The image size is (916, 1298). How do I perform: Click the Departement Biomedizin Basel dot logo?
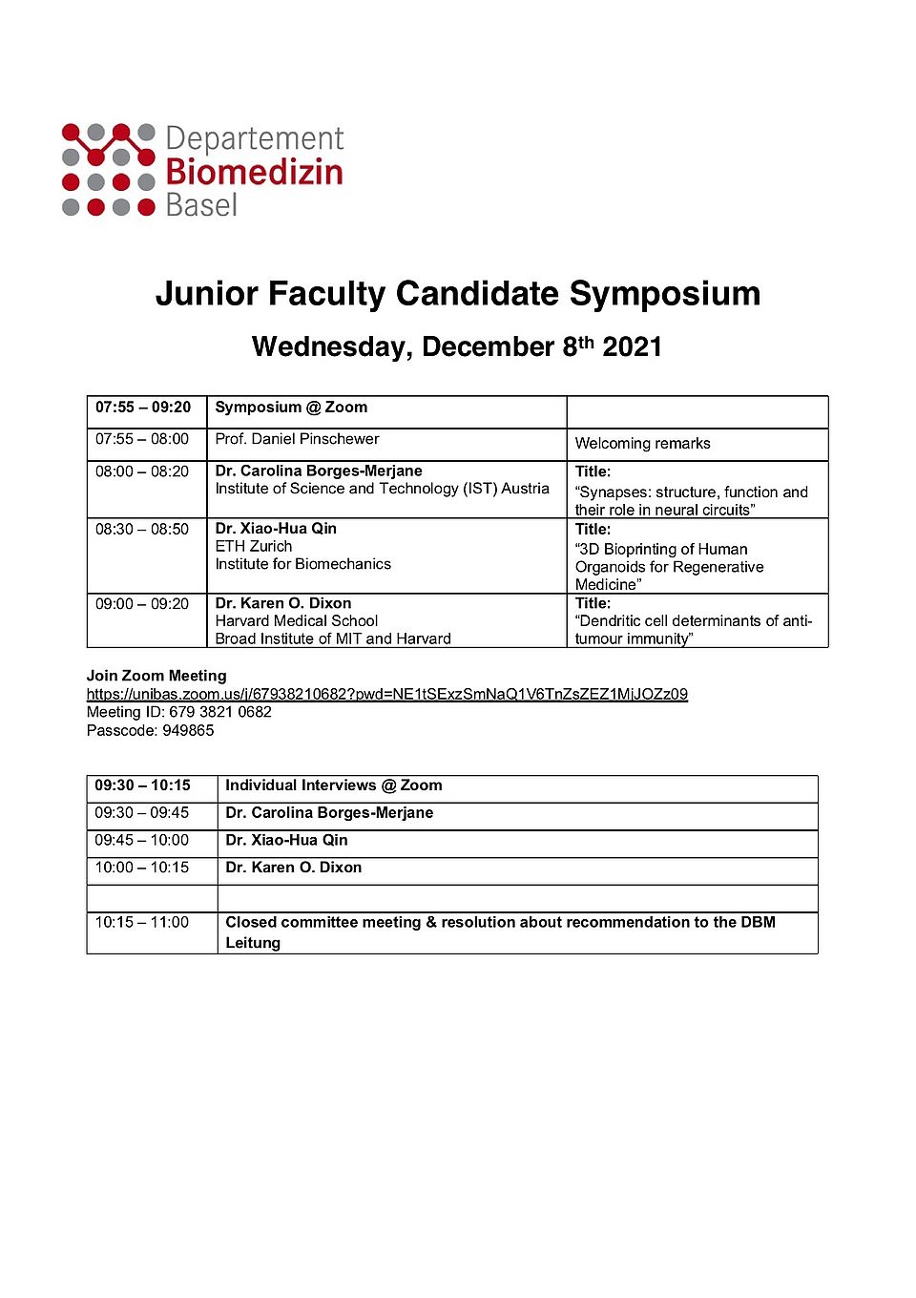[x=108, y=170]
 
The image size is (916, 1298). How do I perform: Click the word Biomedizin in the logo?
[x=254, y=173]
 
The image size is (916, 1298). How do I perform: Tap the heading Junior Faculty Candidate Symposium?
[x=458, y=293]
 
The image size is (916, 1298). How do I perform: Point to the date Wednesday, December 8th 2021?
[x=457, y=346]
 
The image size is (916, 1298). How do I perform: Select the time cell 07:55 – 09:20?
[x=143, y=408]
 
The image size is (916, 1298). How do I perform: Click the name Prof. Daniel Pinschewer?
[x=297, y=439]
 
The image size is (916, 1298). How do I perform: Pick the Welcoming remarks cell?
[x=642, y=444]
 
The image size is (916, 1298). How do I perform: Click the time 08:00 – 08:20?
[x=142, y=471]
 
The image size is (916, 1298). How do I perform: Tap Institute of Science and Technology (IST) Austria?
[x=382, y=489]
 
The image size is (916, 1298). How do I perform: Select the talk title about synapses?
[x=691, y=501]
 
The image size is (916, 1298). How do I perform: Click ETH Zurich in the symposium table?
[x=254, y=546]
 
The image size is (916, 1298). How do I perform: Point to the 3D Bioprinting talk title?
[x=669, y=566]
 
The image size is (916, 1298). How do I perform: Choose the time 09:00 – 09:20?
[x=142, y=604]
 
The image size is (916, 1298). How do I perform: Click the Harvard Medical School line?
[x=297, y=621]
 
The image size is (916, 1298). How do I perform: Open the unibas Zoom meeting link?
[x=386, y=694]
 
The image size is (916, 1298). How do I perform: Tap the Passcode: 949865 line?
[x=151, y=731]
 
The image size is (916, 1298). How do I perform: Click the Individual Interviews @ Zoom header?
[x=333, y=785]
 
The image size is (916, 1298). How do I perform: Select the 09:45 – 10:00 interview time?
[x=142, y=841]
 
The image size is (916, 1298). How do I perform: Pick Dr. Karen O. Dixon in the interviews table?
[x=293, y=868]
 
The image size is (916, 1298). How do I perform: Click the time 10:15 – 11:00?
[x=142, y=923]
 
